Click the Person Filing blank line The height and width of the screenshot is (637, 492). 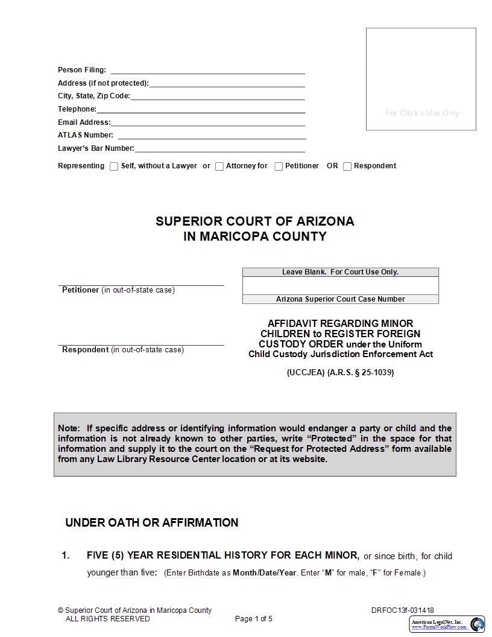coord(207,70)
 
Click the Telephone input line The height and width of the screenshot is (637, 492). coord(201,109)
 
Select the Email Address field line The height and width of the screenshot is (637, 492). coord(208,122)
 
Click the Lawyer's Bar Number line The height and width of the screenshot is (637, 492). coord(219,148)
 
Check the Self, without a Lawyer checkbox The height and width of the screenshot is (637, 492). coord(114,166)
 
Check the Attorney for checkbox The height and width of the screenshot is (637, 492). coord(219,166)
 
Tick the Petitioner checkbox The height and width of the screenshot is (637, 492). coord(279,166)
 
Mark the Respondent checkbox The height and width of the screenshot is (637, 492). coord(347,166)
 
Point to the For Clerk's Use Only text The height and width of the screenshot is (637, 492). coord(421,113)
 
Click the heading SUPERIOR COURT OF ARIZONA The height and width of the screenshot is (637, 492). coord(254,221)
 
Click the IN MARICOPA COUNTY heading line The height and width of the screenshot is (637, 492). coord(254,236)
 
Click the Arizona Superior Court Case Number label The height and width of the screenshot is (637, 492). coord(340,299)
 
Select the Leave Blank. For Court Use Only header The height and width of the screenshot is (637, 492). coord(340,272)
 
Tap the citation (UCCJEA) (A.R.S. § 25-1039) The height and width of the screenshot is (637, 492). coord(340,372)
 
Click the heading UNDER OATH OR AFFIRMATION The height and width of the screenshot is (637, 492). coord(151,522)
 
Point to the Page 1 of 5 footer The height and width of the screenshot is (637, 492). coord(253,618)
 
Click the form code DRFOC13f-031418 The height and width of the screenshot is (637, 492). coord(402,610)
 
